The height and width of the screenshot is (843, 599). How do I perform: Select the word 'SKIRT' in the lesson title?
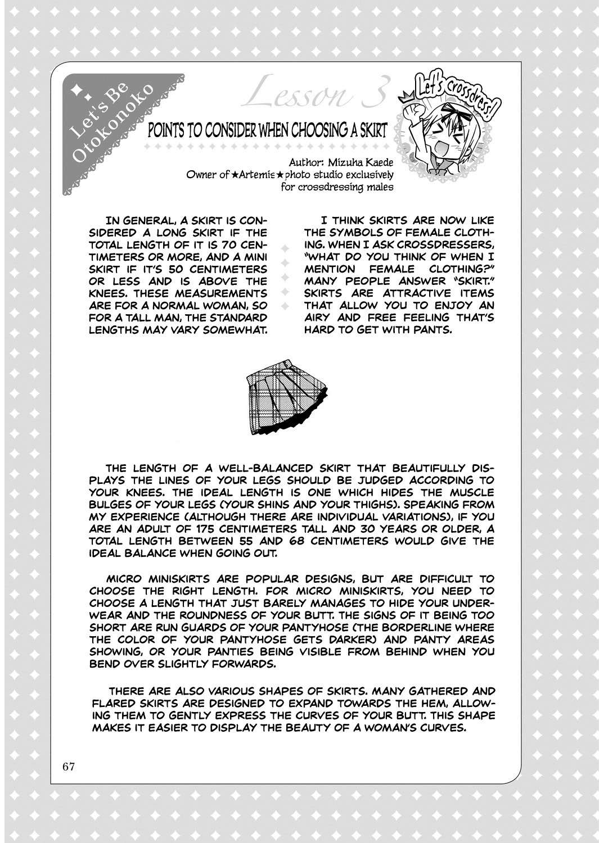369,131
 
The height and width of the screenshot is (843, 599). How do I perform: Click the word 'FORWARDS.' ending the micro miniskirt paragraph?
243,664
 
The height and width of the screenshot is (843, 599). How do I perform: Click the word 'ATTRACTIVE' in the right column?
405,293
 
